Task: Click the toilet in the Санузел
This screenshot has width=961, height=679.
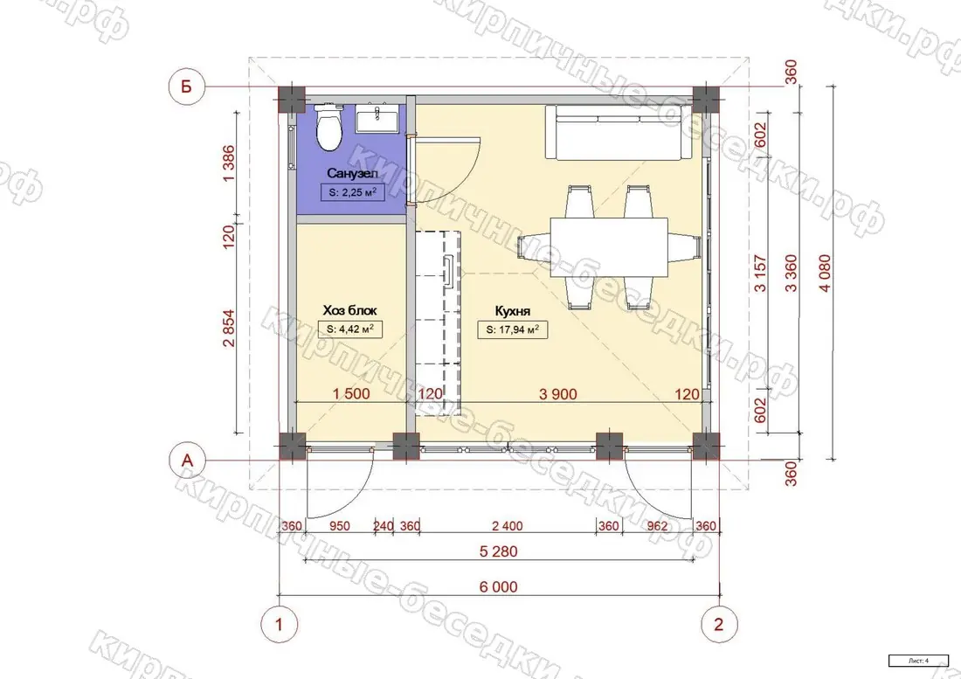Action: pos(328,128)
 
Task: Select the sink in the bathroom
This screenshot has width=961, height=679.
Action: pos(377,118)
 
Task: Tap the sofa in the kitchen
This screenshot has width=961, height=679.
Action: pos(619,132)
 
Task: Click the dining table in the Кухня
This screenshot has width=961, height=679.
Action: pos(609,248)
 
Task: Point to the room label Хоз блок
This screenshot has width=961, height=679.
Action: pos(350,310)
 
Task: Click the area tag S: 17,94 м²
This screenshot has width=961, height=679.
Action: pos(512,329)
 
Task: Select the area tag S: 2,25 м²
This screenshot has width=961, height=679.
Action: pos(352,192)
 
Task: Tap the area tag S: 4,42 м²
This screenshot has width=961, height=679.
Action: pos(350,329)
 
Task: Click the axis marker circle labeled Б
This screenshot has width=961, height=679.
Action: pos(186,87)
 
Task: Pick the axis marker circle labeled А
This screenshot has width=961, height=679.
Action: pos(186,460)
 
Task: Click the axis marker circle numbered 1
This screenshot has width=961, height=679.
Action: pos(280,625)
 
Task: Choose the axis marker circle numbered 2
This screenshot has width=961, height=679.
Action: pos(719,625)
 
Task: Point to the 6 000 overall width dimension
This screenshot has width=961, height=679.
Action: pos(499,587)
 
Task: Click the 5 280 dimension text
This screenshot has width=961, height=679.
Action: pos(499,551)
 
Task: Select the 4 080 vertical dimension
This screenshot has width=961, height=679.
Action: pos(825,273)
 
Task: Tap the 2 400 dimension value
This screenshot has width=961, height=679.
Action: pos(508,526)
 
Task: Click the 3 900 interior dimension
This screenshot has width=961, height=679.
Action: pos(557,394)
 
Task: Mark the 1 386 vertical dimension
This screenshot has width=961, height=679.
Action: pos(228,163)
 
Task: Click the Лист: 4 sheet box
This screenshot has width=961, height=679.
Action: pos(918,661)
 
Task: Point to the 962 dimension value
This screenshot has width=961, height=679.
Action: pos(656,526)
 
